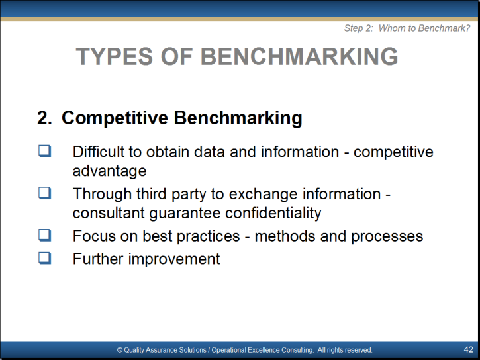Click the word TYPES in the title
tap(114, 56)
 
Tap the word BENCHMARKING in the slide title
tap(299, 56)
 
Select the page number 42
tap(468, 349)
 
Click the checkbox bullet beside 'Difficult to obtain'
tap(45, 151)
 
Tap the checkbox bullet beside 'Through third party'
tap(45, 193)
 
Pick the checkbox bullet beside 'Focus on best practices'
tap(45, 235)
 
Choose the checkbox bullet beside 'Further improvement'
tap(45, 258)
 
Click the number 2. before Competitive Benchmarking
tap(44, 118)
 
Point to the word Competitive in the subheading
tap(115, 118)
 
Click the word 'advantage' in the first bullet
tap(110, 171)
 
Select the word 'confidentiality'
tap(273, 213)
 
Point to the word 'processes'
tap(387, 236)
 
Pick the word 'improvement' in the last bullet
tap(174, 259)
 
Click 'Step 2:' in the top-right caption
tap(359, 28)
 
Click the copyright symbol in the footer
tap(120, 350)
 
